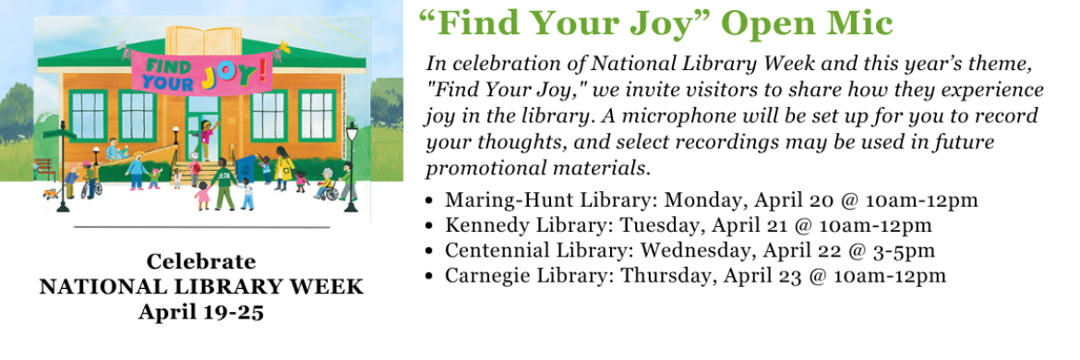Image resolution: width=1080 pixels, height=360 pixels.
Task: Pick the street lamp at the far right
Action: (x=351, y=166)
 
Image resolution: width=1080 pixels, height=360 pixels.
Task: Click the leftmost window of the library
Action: (x=90, y=114)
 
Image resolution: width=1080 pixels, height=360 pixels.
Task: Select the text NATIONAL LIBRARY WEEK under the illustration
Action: (x=201, y=286)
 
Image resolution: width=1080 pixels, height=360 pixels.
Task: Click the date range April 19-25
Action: (x=201, y=311)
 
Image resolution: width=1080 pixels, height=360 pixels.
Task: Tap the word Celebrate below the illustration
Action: (x=201, y=261)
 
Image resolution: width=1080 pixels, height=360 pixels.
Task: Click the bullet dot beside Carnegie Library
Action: (x=431, y=275)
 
